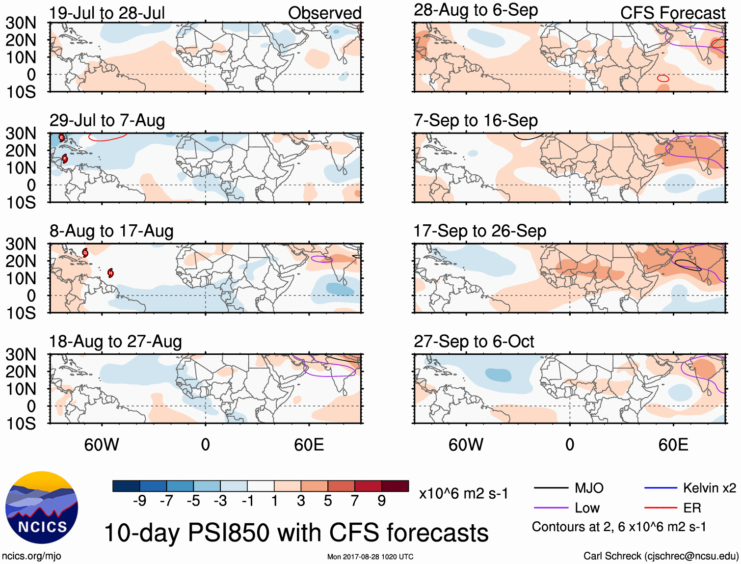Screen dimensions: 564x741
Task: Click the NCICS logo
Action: (42, 508)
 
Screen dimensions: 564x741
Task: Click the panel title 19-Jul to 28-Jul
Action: (107, 13)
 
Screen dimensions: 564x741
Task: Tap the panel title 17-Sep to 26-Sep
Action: (479, 231)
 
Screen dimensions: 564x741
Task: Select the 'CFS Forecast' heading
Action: (672, 13)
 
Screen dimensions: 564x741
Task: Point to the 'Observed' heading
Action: (324, 13)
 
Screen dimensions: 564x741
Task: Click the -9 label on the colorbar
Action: (139, 501)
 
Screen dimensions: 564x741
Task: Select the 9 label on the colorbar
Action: (381, 501)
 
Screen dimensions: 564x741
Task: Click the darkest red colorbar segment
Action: (395, 486)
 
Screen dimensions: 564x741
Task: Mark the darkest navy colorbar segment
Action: (126, 486)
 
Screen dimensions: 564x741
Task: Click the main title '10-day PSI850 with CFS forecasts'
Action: (296, 533)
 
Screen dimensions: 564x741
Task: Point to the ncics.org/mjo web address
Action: (31, 556)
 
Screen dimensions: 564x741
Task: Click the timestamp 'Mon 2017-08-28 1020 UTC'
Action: (370, 557)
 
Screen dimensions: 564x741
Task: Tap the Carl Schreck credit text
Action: (661, 556)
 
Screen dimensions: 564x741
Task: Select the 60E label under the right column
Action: (673, 445)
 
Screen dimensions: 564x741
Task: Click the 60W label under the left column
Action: (102, 445)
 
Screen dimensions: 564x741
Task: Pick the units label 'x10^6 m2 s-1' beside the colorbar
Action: (463, 493)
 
